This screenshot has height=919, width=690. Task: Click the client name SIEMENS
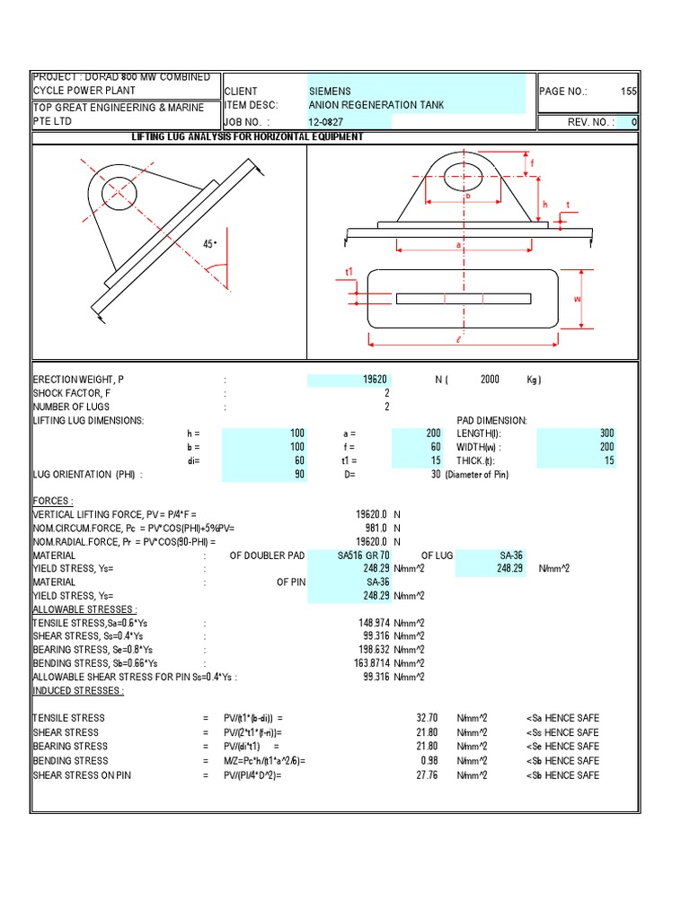[x=331, y=92]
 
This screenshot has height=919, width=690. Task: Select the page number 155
[x=628, y=92]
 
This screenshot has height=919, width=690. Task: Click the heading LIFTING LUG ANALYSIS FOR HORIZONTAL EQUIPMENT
[x=248, y=136]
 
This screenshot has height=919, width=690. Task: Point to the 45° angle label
[x=209, y=244]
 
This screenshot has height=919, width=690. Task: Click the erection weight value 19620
[x=375, y=380]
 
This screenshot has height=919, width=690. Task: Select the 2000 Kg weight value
[x=490, y=380]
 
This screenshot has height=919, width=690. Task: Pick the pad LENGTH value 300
[x=606, y=433]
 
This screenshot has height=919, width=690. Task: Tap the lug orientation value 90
[x=299, y=475]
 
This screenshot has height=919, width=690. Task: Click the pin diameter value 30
[x=435, y=475]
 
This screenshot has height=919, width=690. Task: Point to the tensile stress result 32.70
[x=427, y=718]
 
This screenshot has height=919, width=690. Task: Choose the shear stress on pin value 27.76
[x=427, y=775]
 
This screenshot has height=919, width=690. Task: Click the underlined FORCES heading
[x=53, y=501]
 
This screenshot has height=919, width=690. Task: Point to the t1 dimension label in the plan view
[x=350, y=271]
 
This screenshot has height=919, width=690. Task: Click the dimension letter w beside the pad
[x=579, y=299]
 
